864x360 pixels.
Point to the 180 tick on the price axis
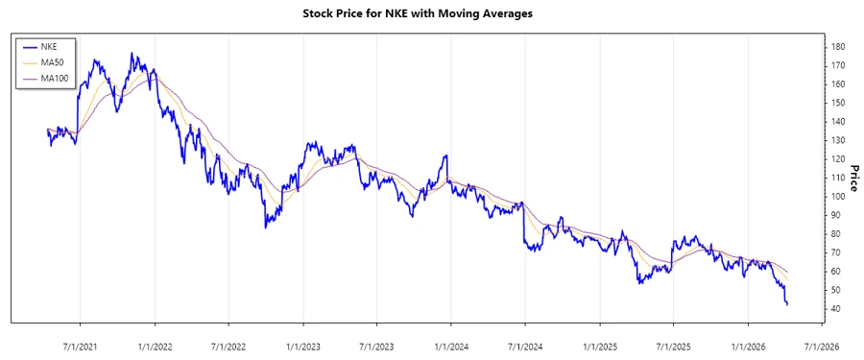838,47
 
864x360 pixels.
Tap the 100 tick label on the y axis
838,197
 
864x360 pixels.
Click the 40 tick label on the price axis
836,309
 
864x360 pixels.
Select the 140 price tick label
838,122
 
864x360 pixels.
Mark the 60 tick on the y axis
836,272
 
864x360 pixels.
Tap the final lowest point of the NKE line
787,304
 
